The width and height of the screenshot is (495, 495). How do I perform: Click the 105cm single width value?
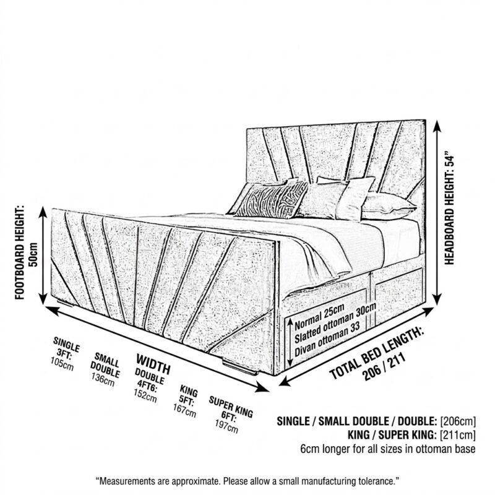coord(62,364)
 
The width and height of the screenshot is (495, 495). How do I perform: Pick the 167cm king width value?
coord(184,410)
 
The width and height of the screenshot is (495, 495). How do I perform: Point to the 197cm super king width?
coord(226,426)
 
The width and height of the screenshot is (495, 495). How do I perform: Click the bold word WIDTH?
coord(153,364)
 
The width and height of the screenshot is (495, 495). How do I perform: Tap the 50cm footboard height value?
coord(33,254)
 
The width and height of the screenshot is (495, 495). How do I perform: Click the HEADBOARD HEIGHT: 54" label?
coord(449,210)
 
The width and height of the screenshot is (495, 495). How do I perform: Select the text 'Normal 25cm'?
coord(319,317)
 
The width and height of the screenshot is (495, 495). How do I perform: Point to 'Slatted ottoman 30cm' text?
coord(335,323)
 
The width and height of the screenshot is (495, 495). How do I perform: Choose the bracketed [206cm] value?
coord(458,421)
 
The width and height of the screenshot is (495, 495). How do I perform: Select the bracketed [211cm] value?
coord(458,435)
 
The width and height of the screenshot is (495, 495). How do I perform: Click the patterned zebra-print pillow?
coord(272,199)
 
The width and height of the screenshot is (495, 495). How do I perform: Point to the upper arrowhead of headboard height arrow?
coord(437,126)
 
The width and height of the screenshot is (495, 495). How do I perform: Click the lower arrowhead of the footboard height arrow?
coord(43,298)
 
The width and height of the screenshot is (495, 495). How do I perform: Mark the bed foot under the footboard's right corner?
coord(240,368)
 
